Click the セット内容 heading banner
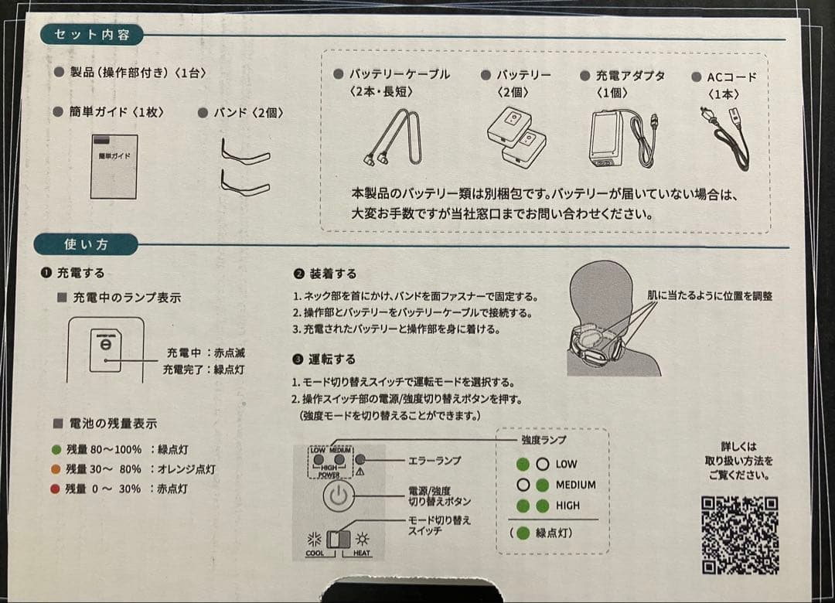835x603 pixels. [90, 35]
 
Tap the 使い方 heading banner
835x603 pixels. [87, 245]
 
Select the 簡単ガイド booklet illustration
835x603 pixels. [114, 166]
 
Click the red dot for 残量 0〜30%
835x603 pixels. [56, 489]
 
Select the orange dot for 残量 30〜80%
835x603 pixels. [56, 468]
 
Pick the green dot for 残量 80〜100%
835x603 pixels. [56, 449]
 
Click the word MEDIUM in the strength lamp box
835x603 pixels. [575, 485]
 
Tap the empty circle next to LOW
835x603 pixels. [543, 465]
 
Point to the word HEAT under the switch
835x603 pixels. [362, 554]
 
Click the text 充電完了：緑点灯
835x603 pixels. [203, 370]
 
